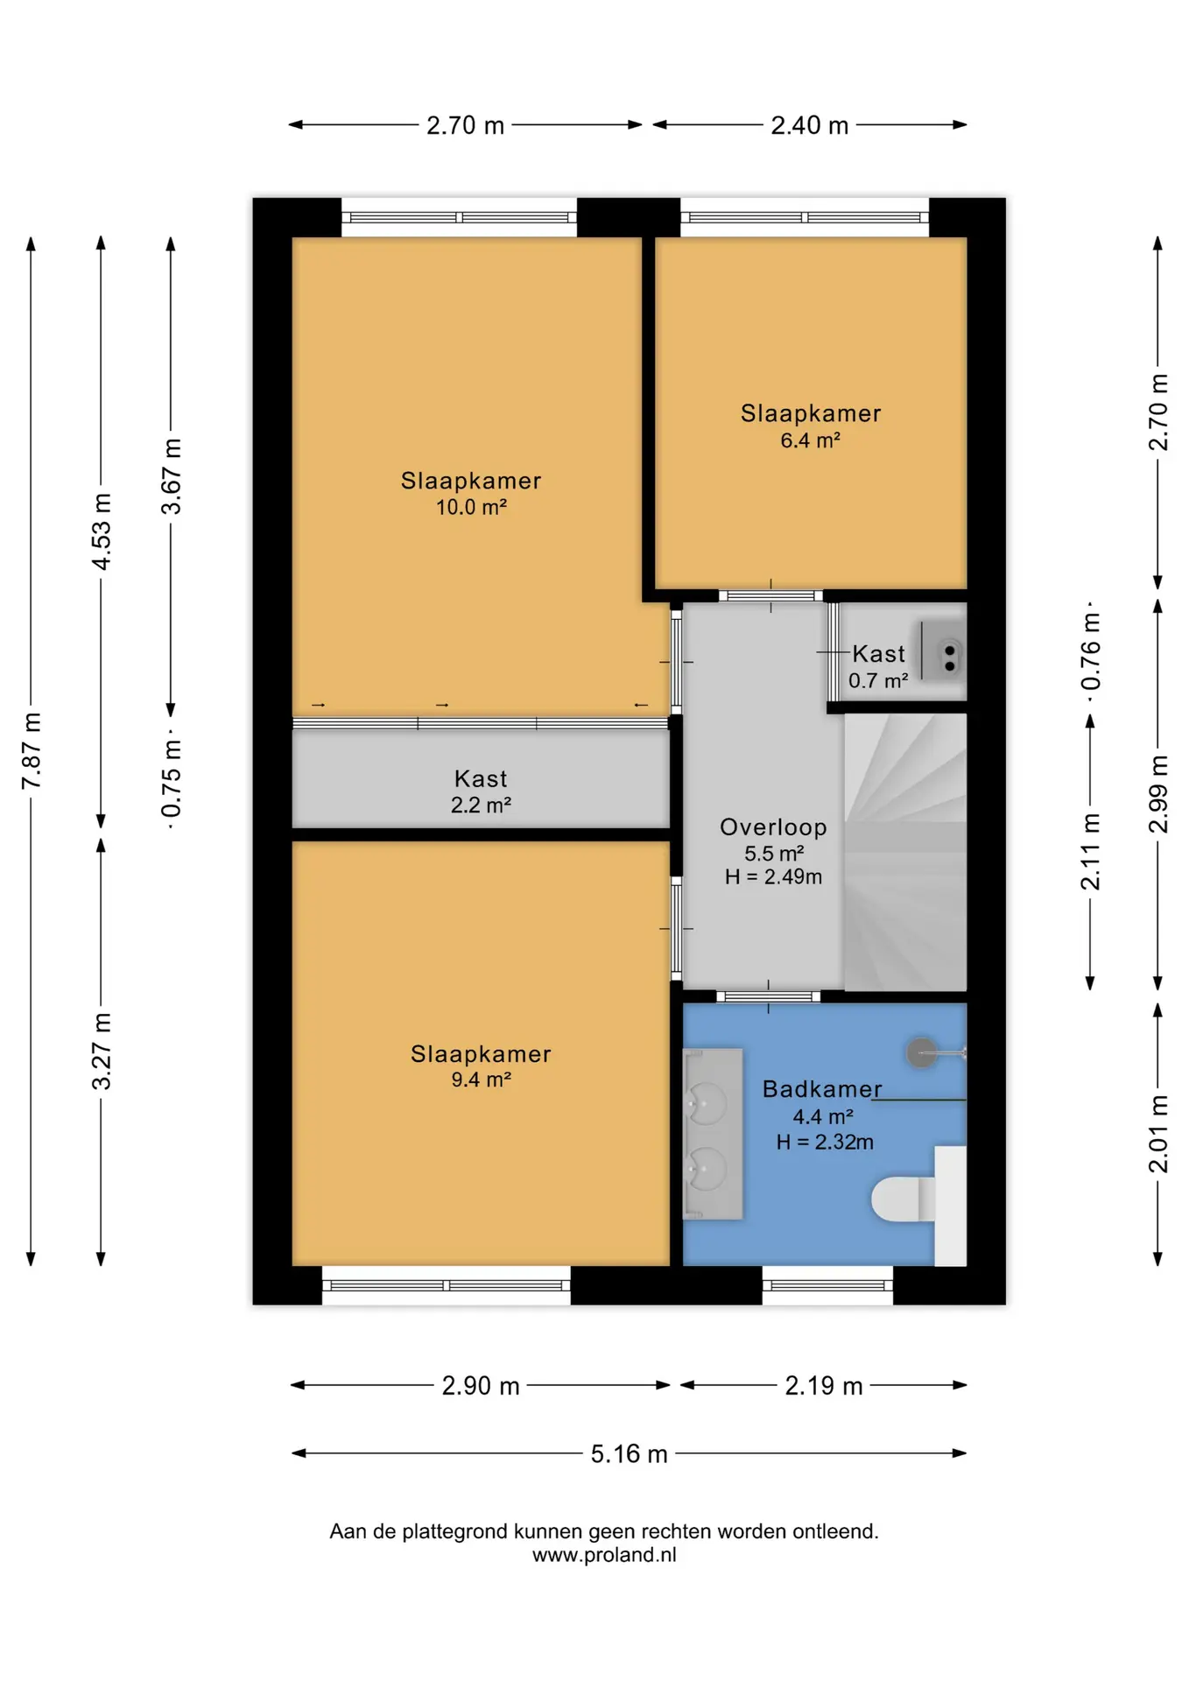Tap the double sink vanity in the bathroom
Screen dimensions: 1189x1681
[x=713, y=1134]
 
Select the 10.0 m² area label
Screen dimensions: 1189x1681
[x=471, y=507]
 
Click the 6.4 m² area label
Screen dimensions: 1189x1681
[x=810, y=440]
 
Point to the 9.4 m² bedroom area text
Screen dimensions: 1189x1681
[x=481, y=1080]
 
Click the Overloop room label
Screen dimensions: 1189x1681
[x=773, y=827]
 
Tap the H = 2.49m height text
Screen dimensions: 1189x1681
[x=773, y=876]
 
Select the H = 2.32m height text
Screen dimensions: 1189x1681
[x=825, y=1142]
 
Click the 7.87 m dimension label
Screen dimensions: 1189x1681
[x=32, y=751]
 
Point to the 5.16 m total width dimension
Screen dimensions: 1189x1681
[x=629, y=1454]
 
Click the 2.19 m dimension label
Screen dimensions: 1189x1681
[x=823, y=1386]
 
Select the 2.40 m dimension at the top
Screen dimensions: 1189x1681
[x=809, y=125]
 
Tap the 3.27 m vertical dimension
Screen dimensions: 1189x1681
[x=102, y=1051]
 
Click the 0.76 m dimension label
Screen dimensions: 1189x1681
[x=1090, y=651]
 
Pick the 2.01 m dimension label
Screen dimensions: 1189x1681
[x=1158, y=1134]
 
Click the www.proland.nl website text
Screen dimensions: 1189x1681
[x=604, y=1555]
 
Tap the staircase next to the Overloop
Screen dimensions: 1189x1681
[x=905, y=852]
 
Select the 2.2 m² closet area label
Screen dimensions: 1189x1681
[x=481, y=805]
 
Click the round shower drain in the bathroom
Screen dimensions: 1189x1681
[x=921, y=1052]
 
